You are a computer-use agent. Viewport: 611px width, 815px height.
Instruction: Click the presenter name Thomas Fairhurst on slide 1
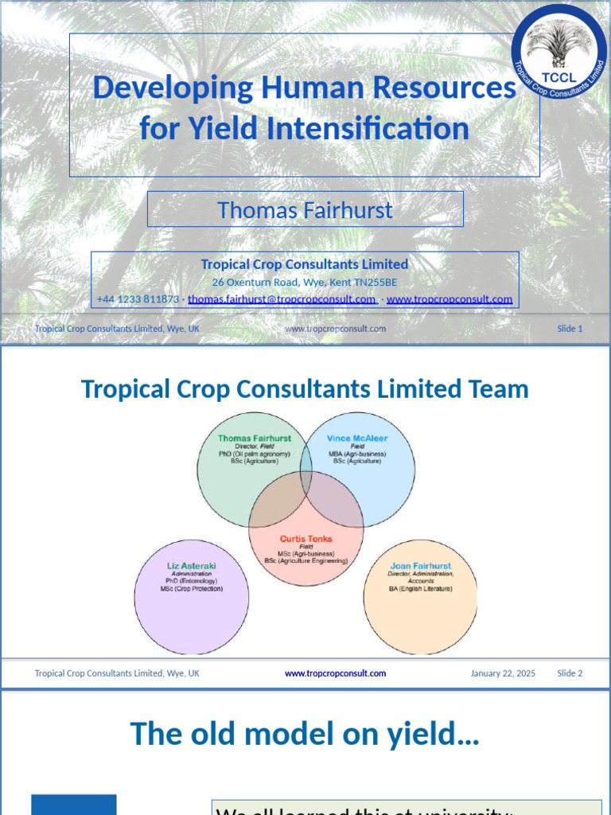(305, 210)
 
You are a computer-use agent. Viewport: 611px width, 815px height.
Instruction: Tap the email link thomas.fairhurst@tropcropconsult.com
(282, 299)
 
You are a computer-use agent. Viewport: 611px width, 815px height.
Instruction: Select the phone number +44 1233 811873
(138, 299)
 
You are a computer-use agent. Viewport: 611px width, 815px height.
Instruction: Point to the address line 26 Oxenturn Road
(304, 282)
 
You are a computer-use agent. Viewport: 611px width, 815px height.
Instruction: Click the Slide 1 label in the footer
(570, 329)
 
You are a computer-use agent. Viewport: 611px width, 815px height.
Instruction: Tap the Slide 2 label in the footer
(570, 673)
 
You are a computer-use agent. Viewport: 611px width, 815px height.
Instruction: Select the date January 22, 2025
(503, 673)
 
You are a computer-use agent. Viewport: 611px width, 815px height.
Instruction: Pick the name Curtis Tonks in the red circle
(306, 539)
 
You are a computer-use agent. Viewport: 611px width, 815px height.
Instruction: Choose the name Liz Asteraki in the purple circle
(191, 566)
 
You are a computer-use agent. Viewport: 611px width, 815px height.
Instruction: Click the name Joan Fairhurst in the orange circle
(420, 566)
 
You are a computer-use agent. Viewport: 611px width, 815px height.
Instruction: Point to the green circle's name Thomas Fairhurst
(255, 439)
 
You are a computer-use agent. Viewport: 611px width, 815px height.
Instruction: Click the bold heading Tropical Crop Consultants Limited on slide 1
(305, 264)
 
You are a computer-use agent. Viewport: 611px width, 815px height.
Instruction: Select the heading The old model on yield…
(305, 733)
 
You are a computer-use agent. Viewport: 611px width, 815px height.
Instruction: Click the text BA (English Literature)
(420, 589)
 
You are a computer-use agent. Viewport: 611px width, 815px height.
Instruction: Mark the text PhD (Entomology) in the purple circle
(191, 581)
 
